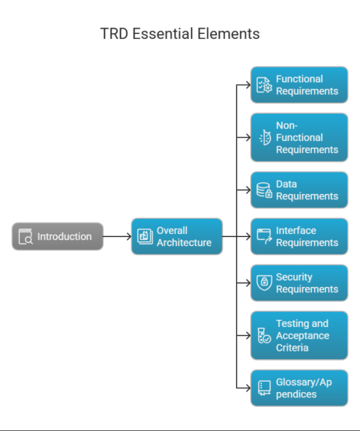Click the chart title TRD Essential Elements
pos(180,34)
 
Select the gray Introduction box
pos(58,236)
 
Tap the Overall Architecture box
pos(177,236)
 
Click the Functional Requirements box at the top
pos(299,85)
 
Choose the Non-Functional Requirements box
pos(299,137)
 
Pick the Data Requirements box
pos(299,190)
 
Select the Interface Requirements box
pos(299,236)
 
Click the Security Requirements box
pos(299,283)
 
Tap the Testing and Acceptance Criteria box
pos(299,335)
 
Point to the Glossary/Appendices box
pos(299,388)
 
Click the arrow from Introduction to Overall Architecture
pos(117,236)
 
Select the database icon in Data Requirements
pos(264,190)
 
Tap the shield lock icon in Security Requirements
pos(264,283)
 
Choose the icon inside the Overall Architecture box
pos(144,237)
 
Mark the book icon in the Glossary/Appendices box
pos(264,388)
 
